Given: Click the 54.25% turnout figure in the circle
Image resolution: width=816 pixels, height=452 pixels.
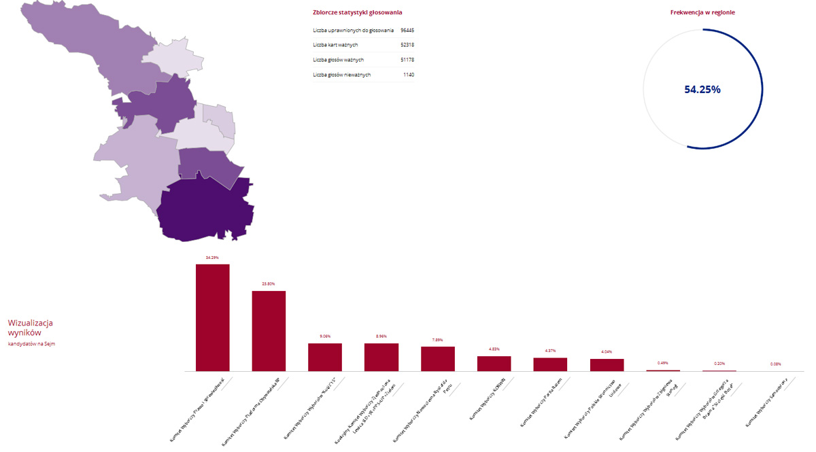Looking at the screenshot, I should [x=702, y=89].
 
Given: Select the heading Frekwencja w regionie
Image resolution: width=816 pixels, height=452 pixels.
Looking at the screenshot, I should [x=702, y=12].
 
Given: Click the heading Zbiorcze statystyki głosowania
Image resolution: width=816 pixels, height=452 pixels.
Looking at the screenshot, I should [x=357, y=12].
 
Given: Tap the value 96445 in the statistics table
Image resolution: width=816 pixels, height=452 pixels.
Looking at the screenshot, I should [x=407, y=31].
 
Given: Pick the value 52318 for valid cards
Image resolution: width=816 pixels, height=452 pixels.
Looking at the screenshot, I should [x=407, y=45].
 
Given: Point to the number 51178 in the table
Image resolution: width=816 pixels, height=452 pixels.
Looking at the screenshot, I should [x=407, y=60].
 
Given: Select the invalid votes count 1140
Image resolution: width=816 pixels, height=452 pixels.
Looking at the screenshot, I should [x=408, y=75].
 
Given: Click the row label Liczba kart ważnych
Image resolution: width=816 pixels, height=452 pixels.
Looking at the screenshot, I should [x=335, y=45].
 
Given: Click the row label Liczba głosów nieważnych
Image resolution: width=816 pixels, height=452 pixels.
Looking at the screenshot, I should [x=341, y=75].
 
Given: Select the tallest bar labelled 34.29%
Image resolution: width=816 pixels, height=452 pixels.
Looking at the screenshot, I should [x=212, y=317].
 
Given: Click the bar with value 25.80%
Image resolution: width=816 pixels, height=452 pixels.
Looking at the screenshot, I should [x=269, y=331].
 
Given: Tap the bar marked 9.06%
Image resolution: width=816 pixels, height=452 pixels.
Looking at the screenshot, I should [x=325, y=357].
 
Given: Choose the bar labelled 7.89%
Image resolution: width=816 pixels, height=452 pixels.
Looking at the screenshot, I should [x=438, y=359].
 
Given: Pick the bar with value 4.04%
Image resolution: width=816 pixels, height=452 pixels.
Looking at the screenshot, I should [x=607, y=365].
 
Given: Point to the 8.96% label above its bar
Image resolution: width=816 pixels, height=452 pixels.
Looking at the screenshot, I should [x=381, y=336].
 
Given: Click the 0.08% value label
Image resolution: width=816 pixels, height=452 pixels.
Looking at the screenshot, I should [x=776, y=364].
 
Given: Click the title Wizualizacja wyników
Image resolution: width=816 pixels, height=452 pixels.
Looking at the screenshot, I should [x=30, y=328].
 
